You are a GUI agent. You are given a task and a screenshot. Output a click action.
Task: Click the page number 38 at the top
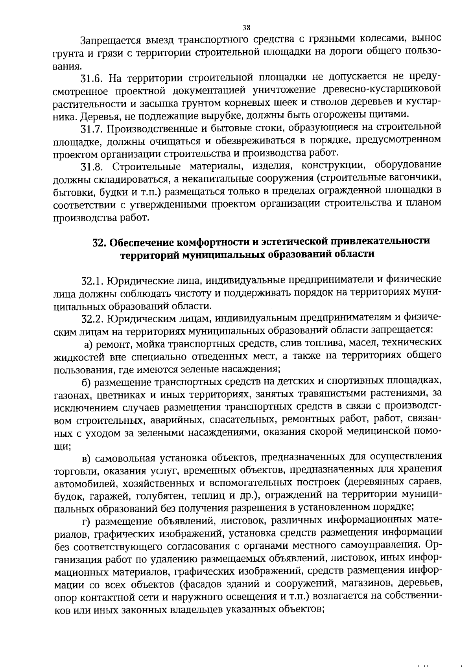(247, 28)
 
